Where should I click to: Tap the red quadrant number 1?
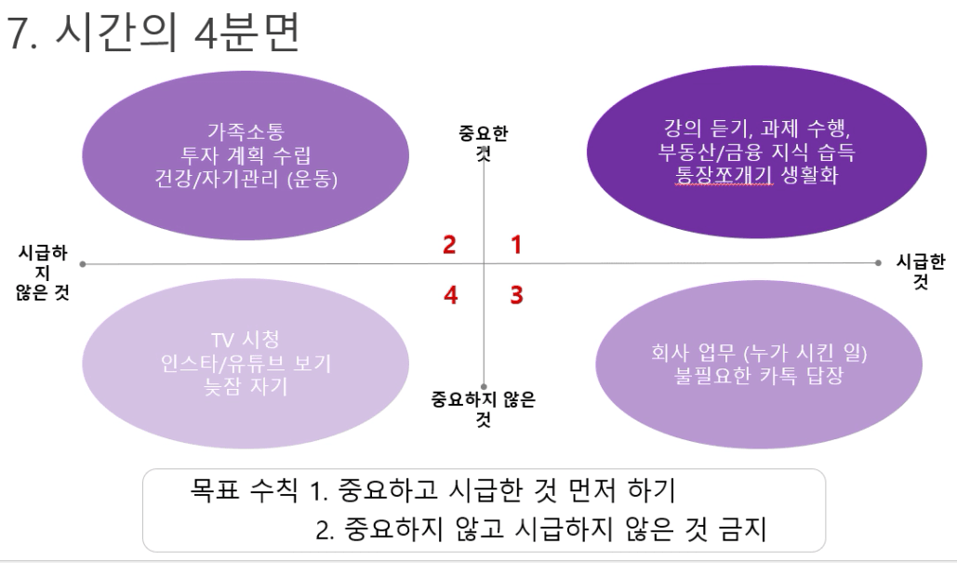pyautogui.click(x=516, y=245)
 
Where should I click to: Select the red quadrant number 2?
pyautogui.click(x=449, y=245)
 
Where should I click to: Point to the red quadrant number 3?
pyautogui.click(x=516, y=295)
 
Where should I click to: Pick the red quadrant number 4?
pyautogui.click(x=450, y=295)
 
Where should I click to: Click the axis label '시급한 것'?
pyautogui.click(x=921, y=271)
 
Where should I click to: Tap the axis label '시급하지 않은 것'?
pyautogui.click(x=43, y=273)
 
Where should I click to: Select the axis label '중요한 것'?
pyautogui.click(x=484, y=142)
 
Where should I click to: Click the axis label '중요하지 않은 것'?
pyautogui.click(x=484, y=409)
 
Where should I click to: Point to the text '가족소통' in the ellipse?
pyautogui.click(x=246, y=130)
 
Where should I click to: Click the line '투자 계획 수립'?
pyautogui.click(x=246, y=155)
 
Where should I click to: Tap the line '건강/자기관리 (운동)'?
pyautogui.click(x=246, y=179)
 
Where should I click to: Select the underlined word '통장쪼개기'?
pyautogui.click(x=724, y=175)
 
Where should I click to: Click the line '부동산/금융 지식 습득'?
pyautogui.click(x=757, y=152)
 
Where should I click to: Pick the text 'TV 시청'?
pyautogui.click(x=246, y=340)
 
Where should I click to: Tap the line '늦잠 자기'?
pyautogui.click(x=246, y=386)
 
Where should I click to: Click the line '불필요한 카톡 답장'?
pyautogui.click(x=759, y=375)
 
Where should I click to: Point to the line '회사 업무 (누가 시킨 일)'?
pyautogui.click(x=759, y=352)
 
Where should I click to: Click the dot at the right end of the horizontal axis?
pyautogui.click(x=878, y=262)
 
